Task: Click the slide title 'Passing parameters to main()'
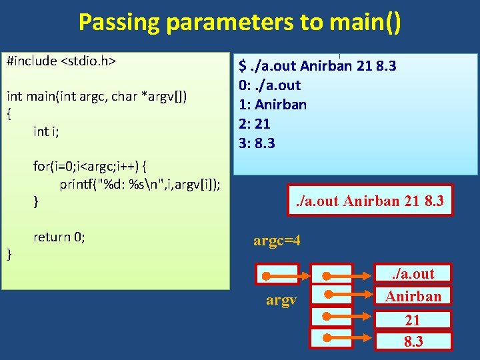[240, 22]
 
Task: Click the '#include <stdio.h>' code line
[61, 61]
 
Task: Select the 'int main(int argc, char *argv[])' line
[97, 97]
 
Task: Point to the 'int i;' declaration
[46, 131]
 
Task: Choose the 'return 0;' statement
[59, 237]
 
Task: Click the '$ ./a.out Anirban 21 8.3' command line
[318, 66]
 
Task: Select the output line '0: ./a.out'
[270, 85]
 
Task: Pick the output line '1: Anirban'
[273, 105]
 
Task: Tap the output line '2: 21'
[257, 124]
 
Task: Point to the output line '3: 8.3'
[257, 143]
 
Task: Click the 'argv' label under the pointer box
[281, 301]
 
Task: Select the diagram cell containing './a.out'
[413, 273]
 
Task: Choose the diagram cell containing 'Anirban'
[413, 296]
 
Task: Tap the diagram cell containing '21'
[413, 321]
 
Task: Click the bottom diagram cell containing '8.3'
[413, 342]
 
